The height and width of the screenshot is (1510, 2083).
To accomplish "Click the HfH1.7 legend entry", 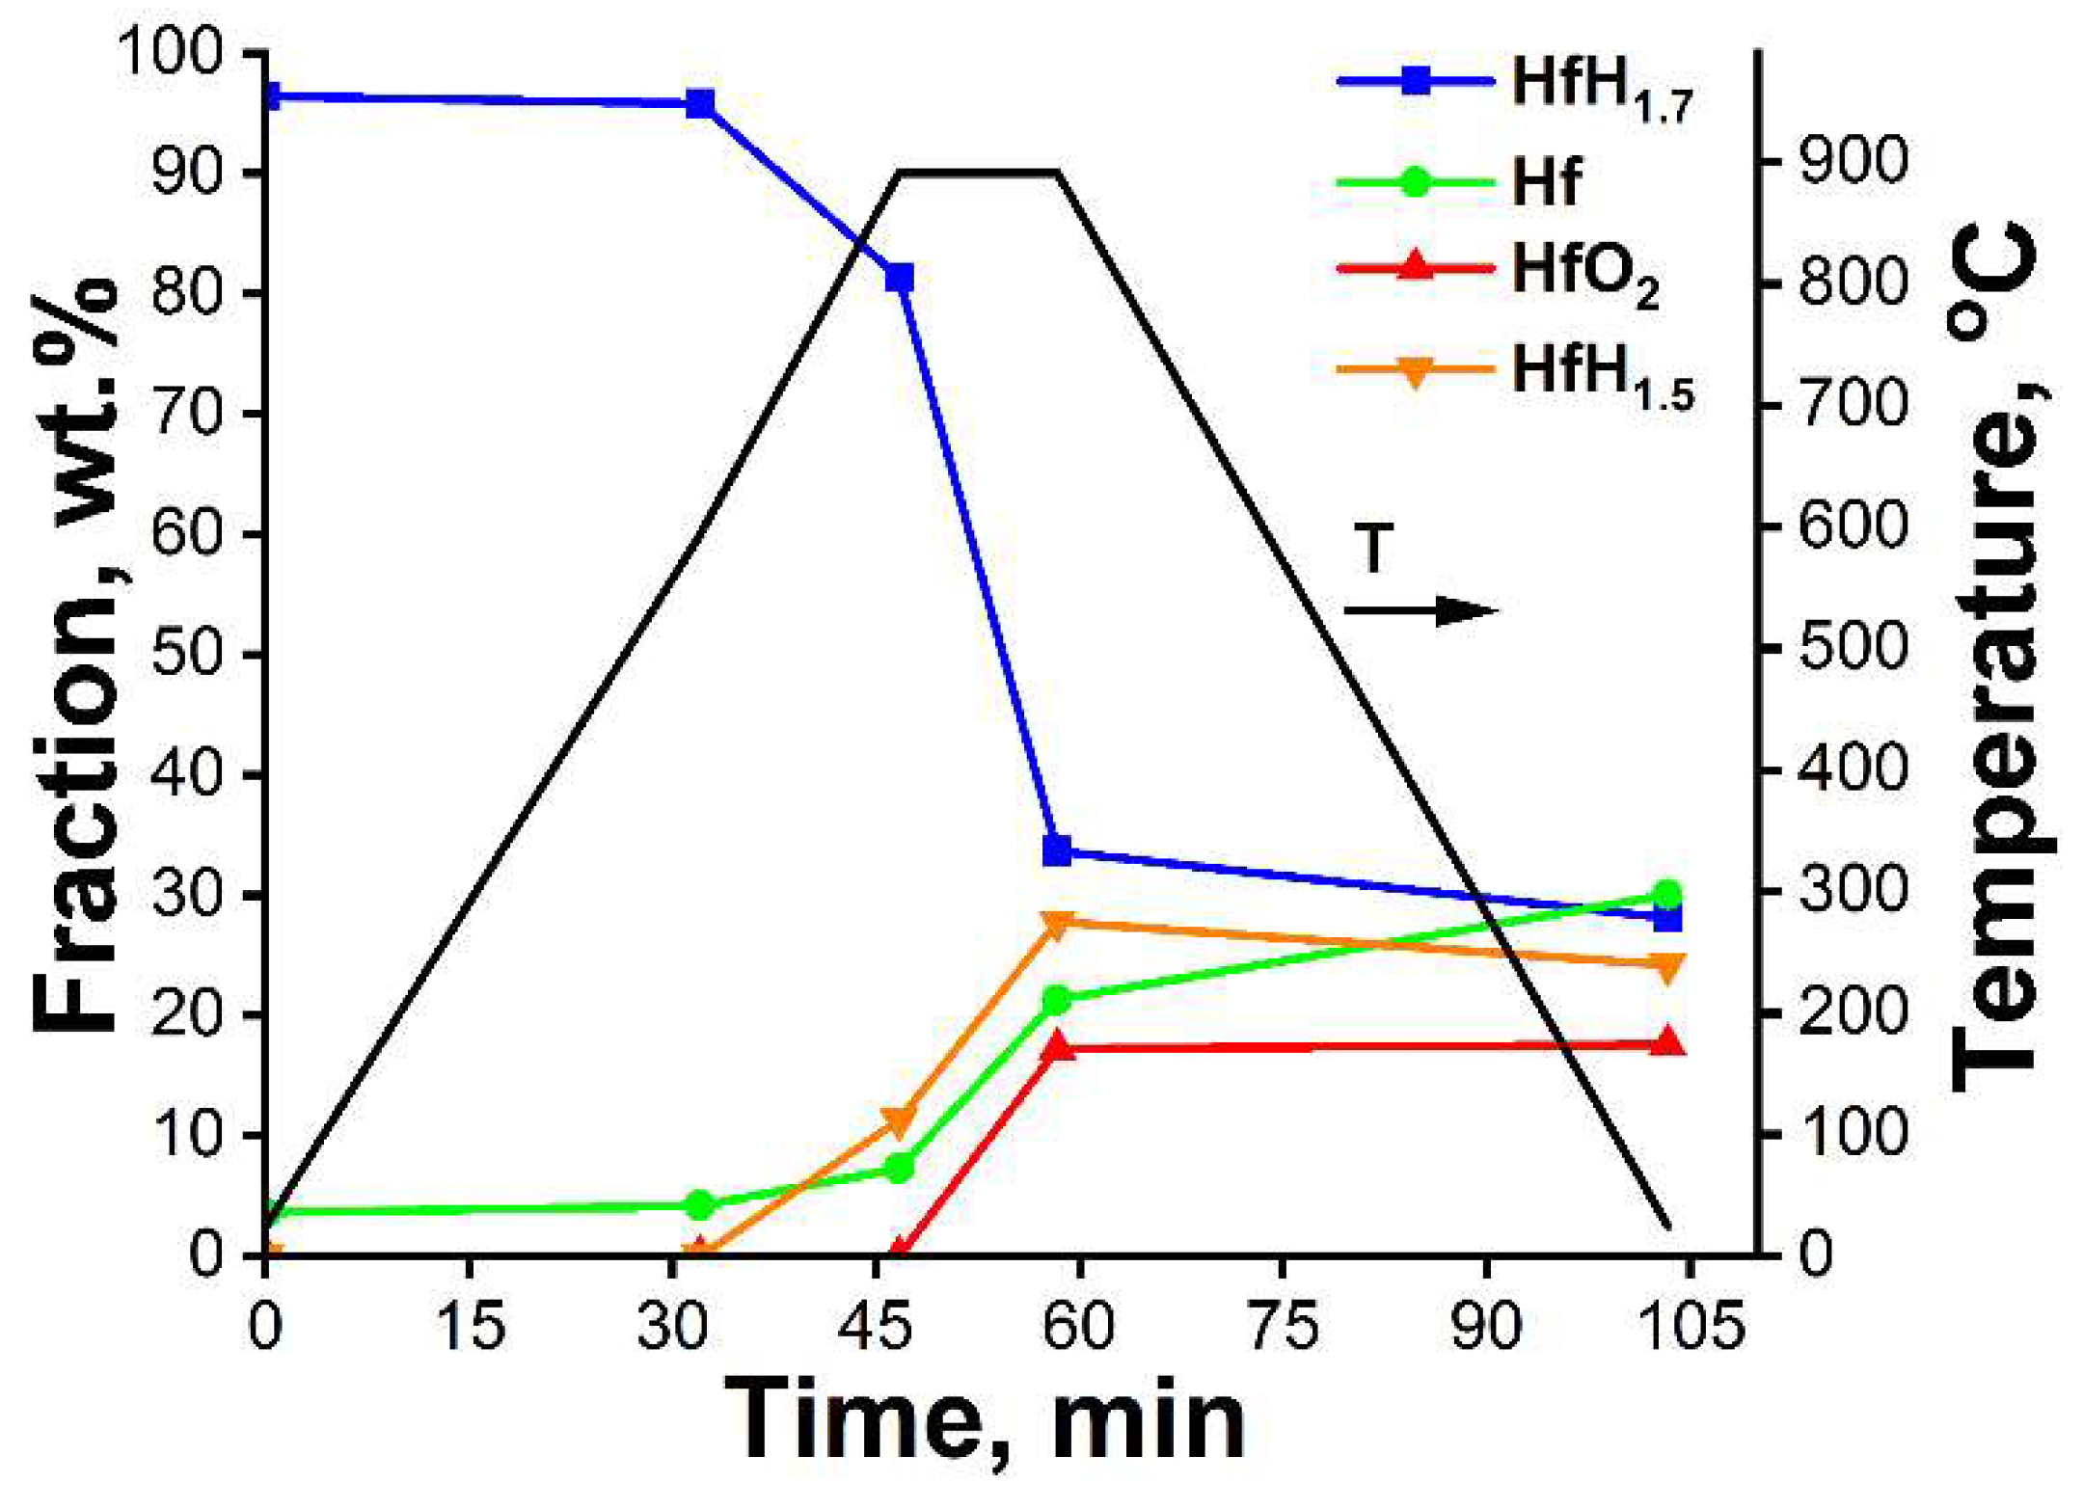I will (1514, 85).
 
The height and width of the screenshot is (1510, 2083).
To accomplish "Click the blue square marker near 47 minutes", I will (899, 279).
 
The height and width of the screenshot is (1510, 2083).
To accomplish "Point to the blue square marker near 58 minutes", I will (1057, 849).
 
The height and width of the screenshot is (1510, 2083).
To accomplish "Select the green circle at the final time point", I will (1667, 895).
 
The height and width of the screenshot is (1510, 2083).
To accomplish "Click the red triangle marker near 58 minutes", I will (1057, 1044).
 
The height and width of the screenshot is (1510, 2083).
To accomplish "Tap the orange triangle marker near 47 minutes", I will (899, 1121).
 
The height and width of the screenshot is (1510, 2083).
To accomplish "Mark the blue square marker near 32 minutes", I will (700, 103).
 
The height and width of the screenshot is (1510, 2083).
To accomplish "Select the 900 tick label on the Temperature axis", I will (1853, 162).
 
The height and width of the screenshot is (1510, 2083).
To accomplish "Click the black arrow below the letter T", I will (1420, 610).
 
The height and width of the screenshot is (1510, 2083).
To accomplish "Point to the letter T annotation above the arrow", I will (1374, 549).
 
